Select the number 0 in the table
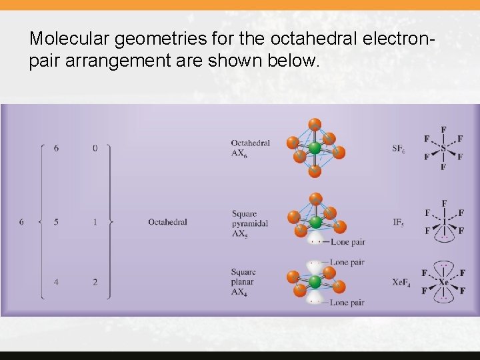click(x=95, y=148)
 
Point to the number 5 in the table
click(x=56, y=221)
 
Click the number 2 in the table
click(x=95, y=282)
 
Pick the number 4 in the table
click(x=56, y=282)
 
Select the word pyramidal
click(x=249, y=223)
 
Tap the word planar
click(x=243, y=282)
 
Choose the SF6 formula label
click(x=398, y=149)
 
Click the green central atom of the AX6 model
click(x=314, y=148)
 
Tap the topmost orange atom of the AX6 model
click(x=315, y=124)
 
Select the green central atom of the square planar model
click(x=315, y=281)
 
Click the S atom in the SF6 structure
click(x=443, y=148)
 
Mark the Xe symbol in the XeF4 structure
click(x=443, y=282)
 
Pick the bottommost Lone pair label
click(x=347, y=303)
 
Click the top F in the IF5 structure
click(x=444, y=203)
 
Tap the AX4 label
click(x=239, y=292)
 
